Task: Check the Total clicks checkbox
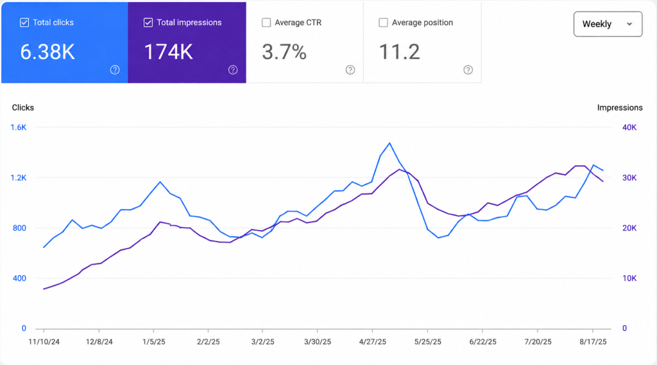tap(24, 22)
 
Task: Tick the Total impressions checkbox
tap(148, 22)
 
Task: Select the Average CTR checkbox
tap(266, 22)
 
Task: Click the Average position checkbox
tap(383, 22)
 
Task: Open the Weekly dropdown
tap(608, 24)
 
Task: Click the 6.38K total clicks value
tap(47, 52)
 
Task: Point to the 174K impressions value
tap(169, 52)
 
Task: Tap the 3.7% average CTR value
tap(284, 52)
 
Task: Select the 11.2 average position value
tap(399, 52)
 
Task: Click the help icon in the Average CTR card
tap(350, 70)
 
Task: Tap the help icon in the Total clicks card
tap(115, 70)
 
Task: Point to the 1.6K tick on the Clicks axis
tap(19, 127)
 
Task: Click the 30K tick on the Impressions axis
tap(629, 178)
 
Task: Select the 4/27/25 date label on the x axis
tap(373, 342)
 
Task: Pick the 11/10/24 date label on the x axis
tap(44, 342)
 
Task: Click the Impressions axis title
tap(620, 108)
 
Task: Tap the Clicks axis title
tap(23, 108)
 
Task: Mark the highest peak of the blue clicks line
tap(389, 143)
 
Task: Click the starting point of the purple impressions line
tap(44, 289)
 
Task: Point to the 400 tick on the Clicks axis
tap(19, 279)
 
